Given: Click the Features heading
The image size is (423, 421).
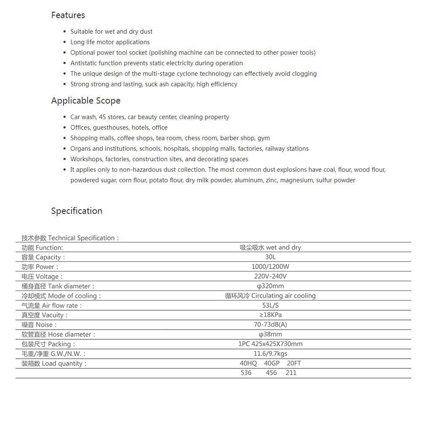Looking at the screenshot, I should coord(68,15).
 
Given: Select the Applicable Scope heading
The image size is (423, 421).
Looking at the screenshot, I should coord(86,101).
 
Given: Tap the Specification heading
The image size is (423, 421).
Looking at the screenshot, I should coord(77,211).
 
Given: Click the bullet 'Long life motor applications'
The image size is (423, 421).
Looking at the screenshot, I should coord(110,42).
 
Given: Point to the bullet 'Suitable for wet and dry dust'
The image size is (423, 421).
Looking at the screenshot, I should coord(111,32).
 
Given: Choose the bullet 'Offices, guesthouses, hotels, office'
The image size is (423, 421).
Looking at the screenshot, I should coord(119,128).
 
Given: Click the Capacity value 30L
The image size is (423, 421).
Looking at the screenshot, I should coord(270,257).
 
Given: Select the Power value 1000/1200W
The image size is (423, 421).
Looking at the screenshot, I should coord(270,267).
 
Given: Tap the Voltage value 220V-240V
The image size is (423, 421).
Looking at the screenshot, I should coord(270,277).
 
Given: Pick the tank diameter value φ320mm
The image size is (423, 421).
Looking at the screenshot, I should coord(270,286).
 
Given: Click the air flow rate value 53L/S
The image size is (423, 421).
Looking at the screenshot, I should coord(270,306).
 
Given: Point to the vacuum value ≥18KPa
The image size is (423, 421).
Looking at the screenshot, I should coord(270,315).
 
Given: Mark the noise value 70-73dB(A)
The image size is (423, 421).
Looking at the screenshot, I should coord(270,325).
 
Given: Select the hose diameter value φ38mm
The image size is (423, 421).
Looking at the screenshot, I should coord(270,335).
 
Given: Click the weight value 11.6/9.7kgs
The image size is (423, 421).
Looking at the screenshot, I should coord(270,354).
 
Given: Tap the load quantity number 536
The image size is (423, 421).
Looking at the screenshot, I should coord(246,373).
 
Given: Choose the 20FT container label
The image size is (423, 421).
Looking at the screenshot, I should coord(294,364).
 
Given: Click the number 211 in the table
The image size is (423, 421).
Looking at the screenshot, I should coord(291,373).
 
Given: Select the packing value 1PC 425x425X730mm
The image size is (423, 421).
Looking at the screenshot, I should coord(270,344).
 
